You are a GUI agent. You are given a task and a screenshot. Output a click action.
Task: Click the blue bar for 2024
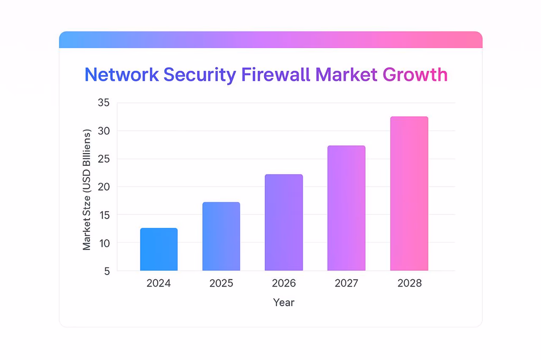pyautogui.click(x=158, y=249)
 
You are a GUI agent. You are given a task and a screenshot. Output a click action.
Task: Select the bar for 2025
pyautogui.click(x=221, y=236)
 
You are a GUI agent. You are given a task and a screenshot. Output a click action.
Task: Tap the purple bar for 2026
pyautogui.click(x=284, y=222)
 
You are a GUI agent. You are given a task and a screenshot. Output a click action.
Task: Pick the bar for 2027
pyautogui.click(x=347, y=208)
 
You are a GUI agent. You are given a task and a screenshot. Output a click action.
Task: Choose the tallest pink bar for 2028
pyautogui.click(x=409, y=193)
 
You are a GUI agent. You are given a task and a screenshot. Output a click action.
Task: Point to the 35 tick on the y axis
pyautogui.click(x=104, y=103)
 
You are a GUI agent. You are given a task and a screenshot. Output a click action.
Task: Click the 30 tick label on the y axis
pyautogui.click(x=104, y=131)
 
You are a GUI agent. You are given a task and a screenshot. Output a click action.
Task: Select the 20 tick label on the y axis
pyautogui.click(x=104, y=187)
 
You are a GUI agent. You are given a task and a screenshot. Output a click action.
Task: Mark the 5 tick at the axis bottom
pyautogui.click(x=106, y=271)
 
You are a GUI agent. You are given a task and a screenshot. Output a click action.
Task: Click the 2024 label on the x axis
pyautogui.click(x=158, y=283)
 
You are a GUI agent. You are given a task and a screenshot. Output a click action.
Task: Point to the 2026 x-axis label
pyautogui.click(x=284, y=283)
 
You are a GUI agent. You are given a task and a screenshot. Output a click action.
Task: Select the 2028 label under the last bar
pyautogui.click(x=409, y=283)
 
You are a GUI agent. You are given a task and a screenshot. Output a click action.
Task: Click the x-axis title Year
pyautogui.click(x=284, y=302)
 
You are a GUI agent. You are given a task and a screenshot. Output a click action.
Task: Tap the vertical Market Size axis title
pyautogui.click(x=87, y=189)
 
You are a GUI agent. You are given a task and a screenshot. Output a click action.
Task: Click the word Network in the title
pyautogui.click(x=122, y=74)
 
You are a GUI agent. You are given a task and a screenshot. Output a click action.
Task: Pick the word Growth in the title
pyautogui.click(x=415, y=74)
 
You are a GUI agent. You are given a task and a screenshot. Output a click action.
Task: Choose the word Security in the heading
pyautogui.click(x=200, y=74)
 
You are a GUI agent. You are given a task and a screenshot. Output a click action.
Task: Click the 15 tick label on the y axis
pyautogui.click(x=104, y=215)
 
